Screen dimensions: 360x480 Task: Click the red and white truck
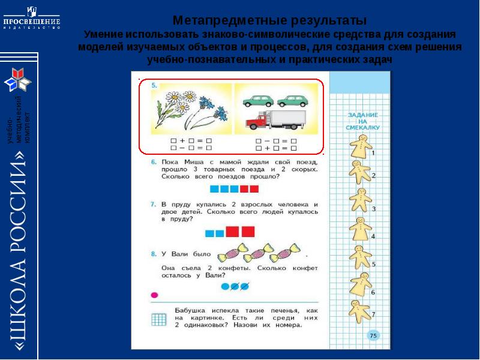pos(276,121)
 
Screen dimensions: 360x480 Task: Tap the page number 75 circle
pos(373,335)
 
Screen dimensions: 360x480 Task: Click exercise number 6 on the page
pos(154,162)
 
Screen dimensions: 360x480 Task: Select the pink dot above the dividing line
pos(154,295)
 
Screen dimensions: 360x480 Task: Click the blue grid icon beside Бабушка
pos(159,319)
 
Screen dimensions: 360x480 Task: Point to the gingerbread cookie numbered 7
pos(360,308)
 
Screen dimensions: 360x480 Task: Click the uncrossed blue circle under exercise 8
pos(225,286)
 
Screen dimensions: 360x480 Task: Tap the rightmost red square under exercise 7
pos(248,232)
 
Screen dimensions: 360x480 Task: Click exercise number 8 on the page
pos(154,254)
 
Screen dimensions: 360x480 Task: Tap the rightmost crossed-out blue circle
pos(245,286)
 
